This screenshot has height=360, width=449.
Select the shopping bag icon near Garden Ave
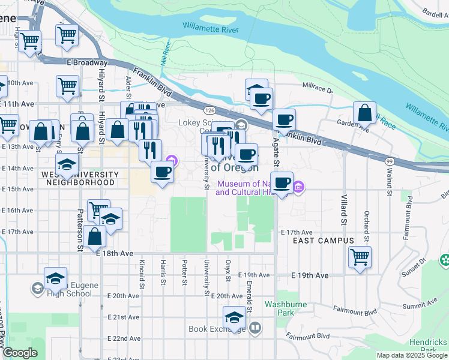pyautogui.click(x=365, y=113)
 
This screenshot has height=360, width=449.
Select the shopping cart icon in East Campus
pyautogui.click(x=360, y=257)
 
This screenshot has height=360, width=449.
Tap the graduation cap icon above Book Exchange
pyautogui.click(x=235, y=317)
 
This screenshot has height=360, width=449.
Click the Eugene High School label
pyautogui.click(x=70, y=290)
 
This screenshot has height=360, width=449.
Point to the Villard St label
pyautogui.click(x=345, y=209)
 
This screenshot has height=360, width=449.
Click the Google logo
pyautogui.click(x=20, y=353)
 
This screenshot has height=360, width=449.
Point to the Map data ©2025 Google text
pyautogui.click(x=411, y=355)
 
